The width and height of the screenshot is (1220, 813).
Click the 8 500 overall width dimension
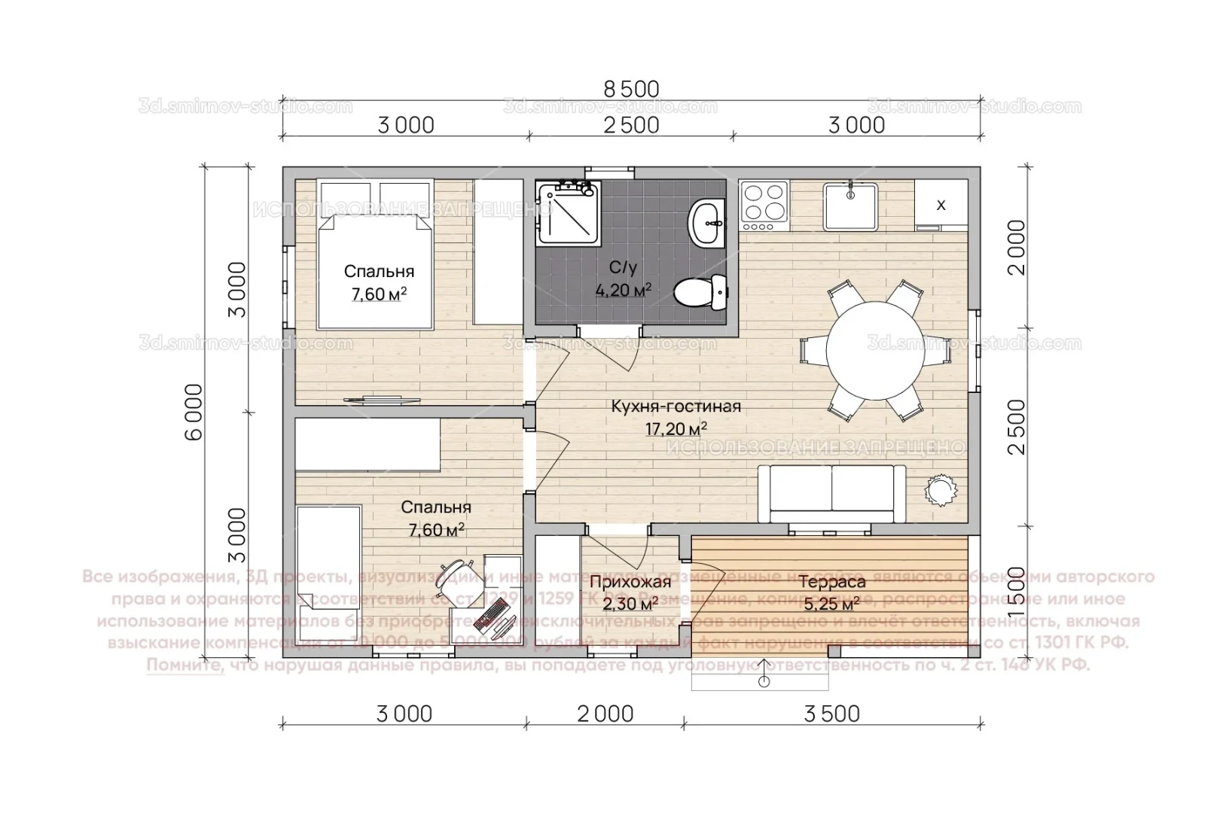pos(631,89)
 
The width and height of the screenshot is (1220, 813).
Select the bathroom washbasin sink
pos(706,221)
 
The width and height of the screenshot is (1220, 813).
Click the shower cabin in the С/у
pos(569,213)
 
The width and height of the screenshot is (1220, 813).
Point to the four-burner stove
pos(764,206)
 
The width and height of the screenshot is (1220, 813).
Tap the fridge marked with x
pos(941,205)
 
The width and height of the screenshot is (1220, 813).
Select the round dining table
pos(874,349)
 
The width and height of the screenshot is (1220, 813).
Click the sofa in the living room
pos(831,493)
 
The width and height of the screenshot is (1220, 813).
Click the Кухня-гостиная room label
pos(676,406)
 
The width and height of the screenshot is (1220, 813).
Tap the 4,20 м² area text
pos(623,290)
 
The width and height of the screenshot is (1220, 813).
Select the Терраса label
pos(831,582)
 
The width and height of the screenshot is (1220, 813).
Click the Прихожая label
pos(630,582)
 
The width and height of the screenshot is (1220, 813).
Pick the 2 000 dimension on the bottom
pos(605,713)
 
